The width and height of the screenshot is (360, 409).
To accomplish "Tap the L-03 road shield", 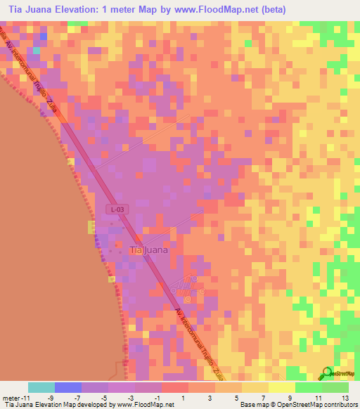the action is pos(117,209).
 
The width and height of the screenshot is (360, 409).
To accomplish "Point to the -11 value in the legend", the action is pos(25,398).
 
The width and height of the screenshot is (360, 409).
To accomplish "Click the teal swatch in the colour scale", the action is pos(41,387).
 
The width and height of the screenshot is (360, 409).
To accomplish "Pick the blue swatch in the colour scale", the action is pos(68,387).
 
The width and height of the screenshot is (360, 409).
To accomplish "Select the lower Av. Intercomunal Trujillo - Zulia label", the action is pos(201,341).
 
